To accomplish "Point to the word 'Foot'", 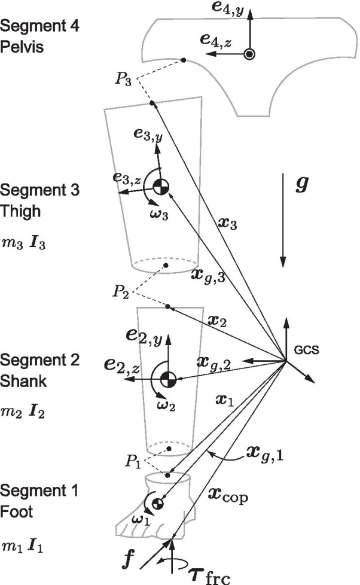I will [x=16, y=511].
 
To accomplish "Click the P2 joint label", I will [x=121, y=291].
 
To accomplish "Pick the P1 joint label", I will [x=135, y=462].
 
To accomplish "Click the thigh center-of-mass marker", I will [x=160, y=187].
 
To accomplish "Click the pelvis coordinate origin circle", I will [x=250, y=54].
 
